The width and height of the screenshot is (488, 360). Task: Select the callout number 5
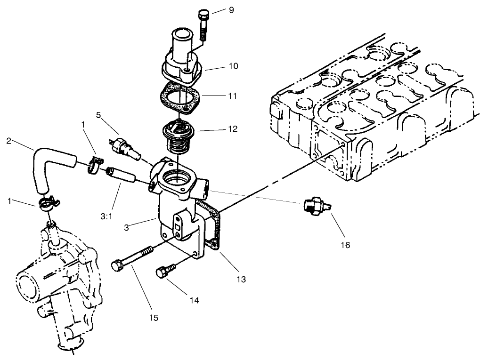99,114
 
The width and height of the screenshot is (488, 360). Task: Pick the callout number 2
8,140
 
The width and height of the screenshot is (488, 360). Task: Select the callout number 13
241,279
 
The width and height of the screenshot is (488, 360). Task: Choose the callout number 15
154,318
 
